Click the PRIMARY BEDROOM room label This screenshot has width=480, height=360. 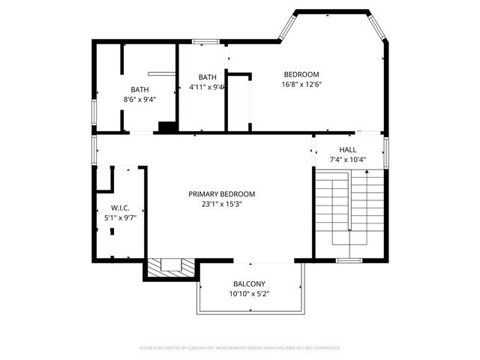point(221,193)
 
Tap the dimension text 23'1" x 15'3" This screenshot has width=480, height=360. point(221,203)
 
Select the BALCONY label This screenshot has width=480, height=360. point(250,283)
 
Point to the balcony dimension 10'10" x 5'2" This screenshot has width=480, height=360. point(250,293)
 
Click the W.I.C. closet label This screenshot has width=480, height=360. point(121,208)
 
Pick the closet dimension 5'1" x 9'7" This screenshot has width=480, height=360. point(121,217)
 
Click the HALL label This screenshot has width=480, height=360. point(347,149)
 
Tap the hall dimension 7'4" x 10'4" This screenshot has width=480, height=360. point(347,159)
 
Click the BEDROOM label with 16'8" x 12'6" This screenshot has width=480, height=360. point(301,74)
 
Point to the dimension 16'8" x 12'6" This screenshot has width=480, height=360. point(301,85)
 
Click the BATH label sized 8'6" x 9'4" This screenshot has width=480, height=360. point(139,89)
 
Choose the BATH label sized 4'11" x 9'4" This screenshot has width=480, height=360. point(208,76)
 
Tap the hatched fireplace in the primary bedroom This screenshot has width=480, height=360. point(172,266)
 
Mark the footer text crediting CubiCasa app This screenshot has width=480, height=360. point(240,348)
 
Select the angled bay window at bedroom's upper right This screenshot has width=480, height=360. point(379,27)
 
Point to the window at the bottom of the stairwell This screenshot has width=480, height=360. point(349,260)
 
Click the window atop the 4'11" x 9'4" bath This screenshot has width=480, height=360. point(201,41)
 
